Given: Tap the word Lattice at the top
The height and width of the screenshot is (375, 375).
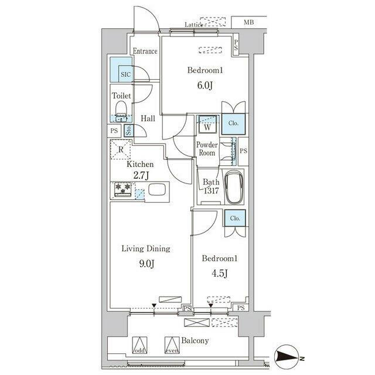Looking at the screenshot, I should [193, 25].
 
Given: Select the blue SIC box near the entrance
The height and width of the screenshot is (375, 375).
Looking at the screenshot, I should [125, 74].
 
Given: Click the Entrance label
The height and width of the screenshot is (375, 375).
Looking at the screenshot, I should [145, 52].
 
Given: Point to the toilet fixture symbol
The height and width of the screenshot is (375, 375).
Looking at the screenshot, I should [121, 110].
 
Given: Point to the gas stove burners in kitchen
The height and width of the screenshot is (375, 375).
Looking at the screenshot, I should [123, 189].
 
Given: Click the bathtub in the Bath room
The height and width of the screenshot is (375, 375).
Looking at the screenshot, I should [236, 187].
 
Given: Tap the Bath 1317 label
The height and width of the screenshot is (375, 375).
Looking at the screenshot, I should [210, 186].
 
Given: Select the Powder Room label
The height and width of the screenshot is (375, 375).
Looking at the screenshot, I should [206, 149].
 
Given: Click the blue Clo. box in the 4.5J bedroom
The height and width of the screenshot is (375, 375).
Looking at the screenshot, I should [234, 219].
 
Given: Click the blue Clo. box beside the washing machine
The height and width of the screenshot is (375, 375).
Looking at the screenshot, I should [233, 124].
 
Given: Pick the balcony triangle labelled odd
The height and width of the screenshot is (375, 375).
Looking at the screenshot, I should [139, 345].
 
